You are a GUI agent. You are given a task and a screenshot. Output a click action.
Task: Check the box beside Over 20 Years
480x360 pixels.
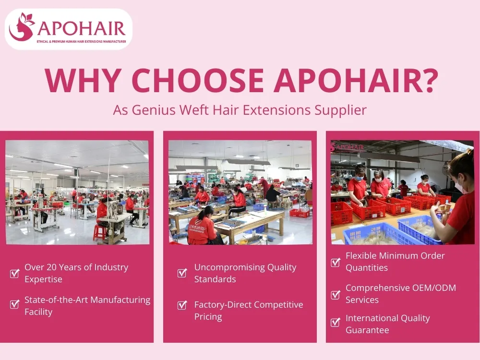tap(15, 274)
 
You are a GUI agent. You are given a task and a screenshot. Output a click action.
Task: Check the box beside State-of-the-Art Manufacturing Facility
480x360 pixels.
tap(15, 304)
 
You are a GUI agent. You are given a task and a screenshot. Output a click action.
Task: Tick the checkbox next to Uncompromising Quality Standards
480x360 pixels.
tap(182, 273)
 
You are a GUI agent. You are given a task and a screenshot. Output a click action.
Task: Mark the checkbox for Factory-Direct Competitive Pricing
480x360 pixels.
tap(182, 305)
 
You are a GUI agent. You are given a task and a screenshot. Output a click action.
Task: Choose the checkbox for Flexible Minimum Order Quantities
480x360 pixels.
tap(336, 262)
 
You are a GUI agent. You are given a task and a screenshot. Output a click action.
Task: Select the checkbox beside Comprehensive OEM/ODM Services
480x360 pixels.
tap(336, 294)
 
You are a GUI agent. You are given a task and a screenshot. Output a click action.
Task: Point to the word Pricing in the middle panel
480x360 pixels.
tap(208, 317)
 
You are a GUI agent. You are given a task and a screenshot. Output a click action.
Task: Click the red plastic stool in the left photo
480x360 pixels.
tap(99, 232)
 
